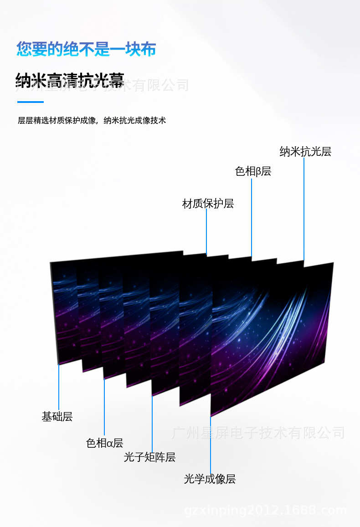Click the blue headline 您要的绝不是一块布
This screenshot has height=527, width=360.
click(x=86, y=49)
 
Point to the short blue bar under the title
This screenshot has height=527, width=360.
click(x=30, y=102)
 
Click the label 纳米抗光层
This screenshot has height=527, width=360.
click(x=305, y=152)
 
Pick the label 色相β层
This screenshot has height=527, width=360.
click(x=253, y=171)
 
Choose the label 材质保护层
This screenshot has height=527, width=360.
click(x=208, y=204)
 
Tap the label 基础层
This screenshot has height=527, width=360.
click(x=57, y=416)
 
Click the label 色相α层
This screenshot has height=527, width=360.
click(x=104, y=443)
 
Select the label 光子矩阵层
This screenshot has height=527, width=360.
click(x=149, y=457)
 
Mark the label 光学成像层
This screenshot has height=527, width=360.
click(x=210, y=479)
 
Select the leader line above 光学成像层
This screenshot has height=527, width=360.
click(x=210, y=444)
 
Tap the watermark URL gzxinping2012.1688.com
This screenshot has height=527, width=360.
click(x=266, y=510)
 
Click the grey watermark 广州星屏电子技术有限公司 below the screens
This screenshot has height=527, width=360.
click(x=258, y=432)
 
